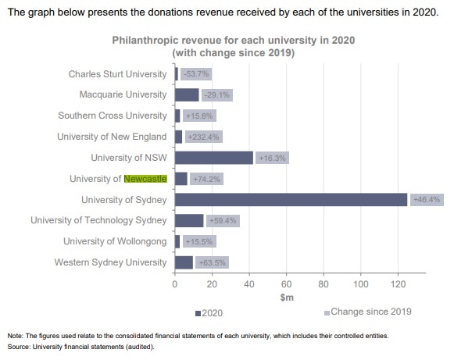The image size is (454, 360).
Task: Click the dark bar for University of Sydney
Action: [x=291, y=200]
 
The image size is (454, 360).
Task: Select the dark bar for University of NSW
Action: [x=213, y=158]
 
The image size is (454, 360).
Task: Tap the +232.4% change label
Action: [x=203, y=137]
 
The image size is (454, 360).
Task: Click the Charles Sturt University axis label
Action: [x=117, y=74]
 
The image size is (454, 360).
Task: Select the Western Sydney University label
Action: [x=110, y=262]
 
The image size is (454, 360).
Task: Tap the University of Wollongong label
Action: [x=115, y=241]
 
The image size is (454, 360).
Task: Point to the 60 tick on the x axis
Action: [x=286, y=284]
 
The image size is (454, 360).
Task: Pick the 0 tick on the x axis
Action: [x=174, y=284]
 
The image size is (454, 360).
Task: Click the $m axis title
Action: [x=286, y=298]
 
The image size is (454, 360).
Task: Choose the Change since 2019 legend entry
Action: [x=367, y=312]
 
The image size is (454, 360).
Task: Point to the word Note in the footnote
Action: [x=15, y=335]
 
